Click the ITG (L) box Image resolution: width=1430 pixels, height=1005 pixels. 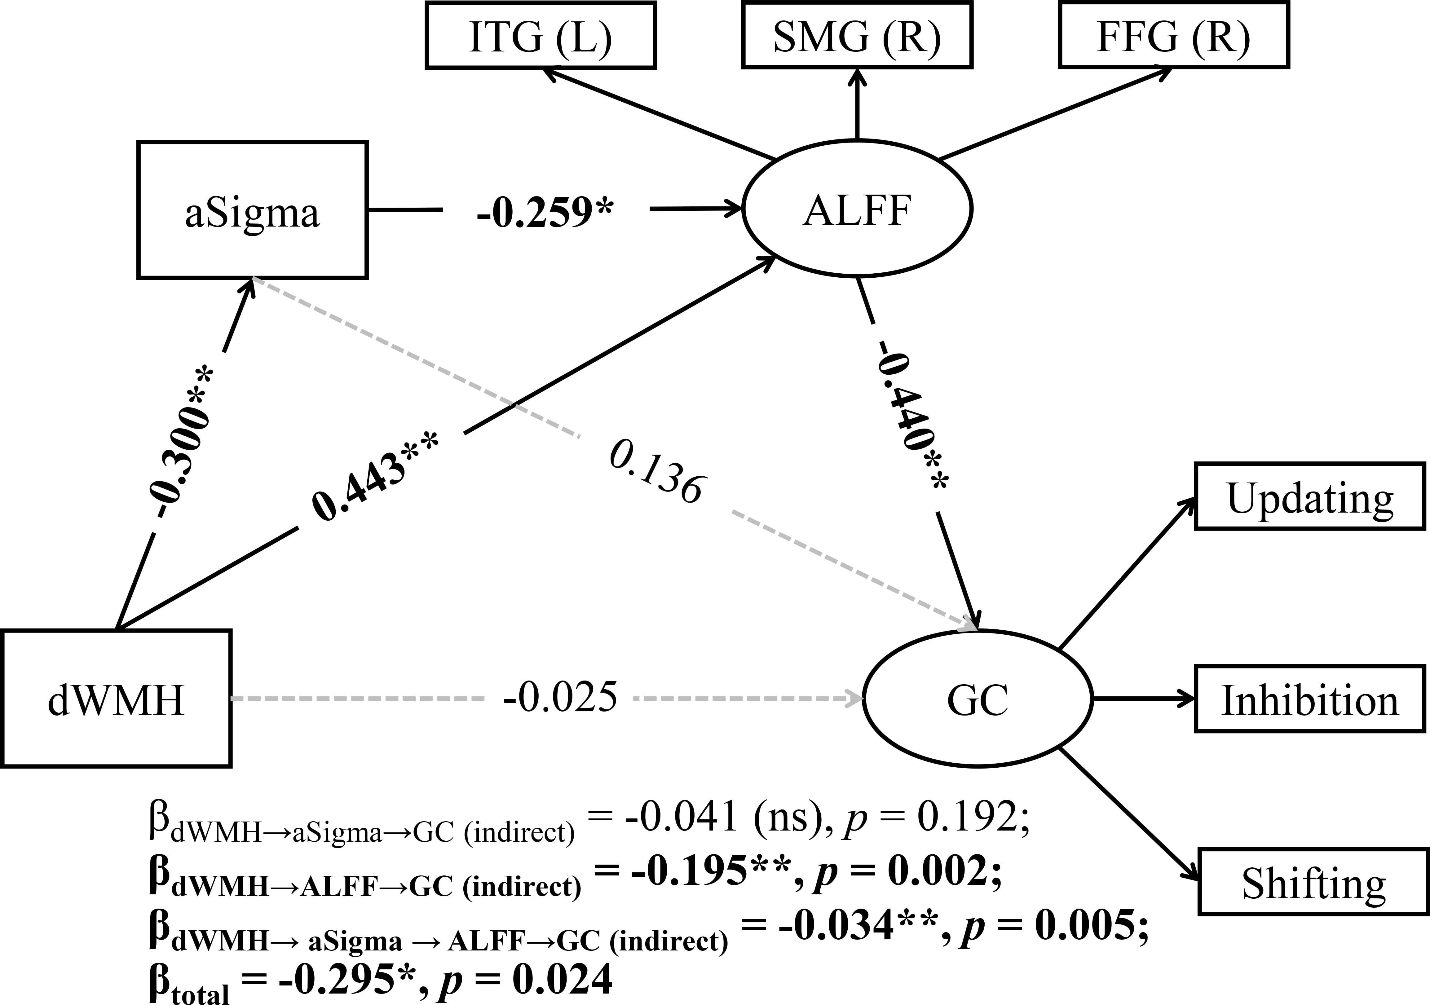coord(541,36)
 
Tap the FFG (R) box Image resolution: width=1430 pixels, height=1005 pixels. coord(1173,36)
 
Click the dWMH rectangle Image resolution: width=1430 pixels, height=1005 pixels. coord(117,699)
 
